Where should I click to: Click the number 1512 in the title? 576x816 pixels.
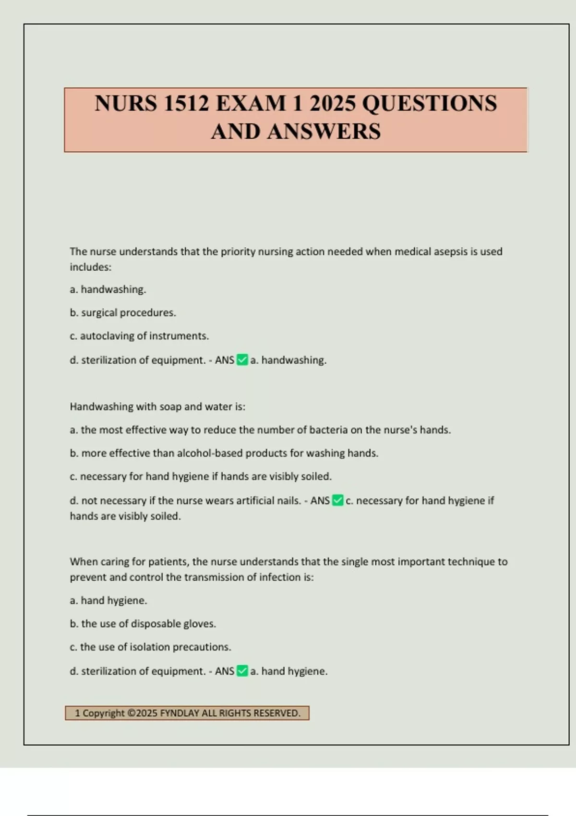(186, 104)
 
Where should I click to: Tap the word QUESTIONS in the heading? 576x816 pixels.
(429, 104)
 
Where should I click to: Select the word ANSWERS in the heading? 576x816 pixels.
(324, 132)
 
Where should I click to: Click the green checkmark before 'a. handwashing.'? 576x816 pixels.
(242, 360)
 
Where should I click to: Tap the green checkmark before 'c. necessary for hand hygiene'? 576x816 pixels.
(338, 501)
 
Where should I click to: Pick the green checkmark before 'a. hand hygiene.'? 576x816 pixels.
(242, 671)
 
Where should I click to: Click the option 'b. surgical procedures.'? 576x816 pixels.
(123, 312)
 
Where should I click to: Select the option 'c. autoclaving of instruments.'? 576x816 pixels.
(139, 336)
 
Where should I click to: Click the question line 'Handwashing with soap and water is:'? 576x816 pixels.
(157, 407)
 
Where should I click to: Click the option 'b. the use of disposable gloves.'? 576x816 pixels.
(143, 624)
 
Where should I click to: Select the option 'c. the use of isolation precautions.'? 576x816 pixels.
(150, 647)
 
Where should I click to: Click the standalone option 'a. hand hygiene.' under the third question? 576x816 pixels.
(108, 600)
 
